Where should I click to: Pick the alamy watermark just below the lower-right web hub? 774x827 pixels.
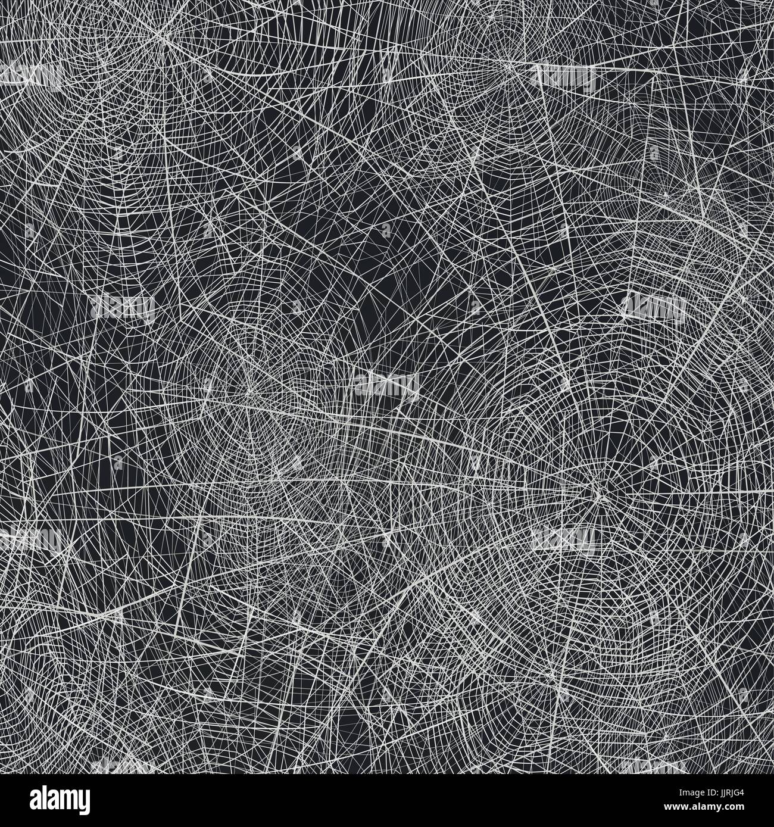tap(564, 539)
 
